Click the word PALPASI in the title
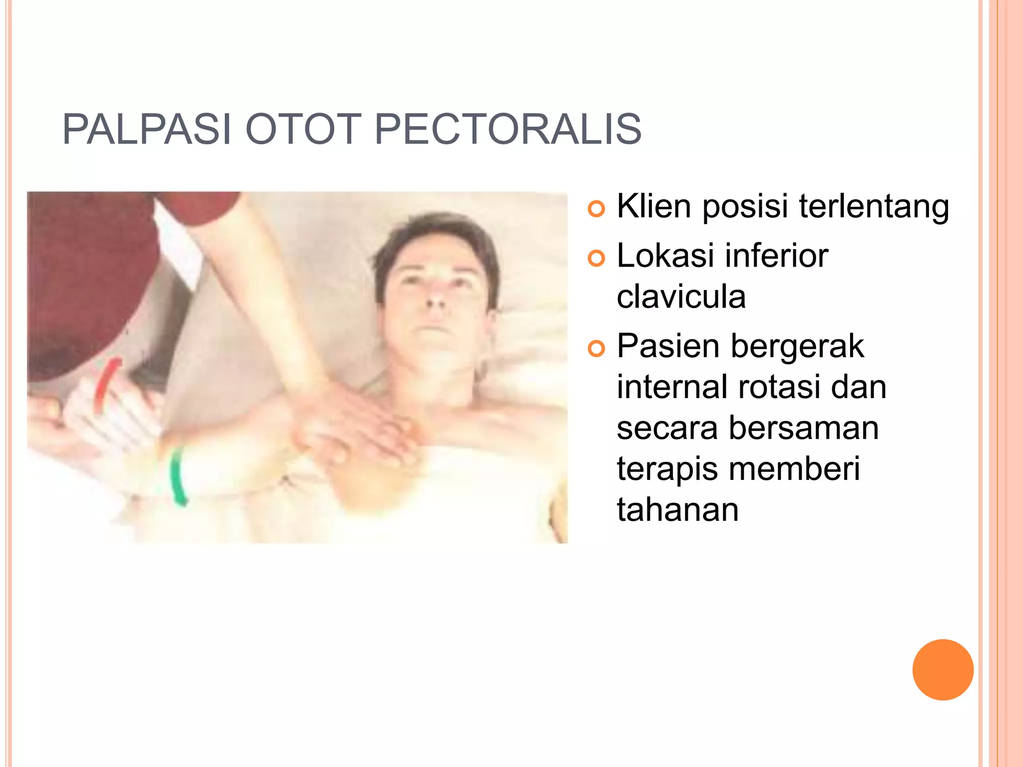[147, 129]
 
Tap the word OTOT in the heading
[303, 129]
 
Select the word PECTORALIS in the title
[508, 129]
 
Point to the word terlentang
[874, 207]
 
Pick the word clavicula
[681, 297]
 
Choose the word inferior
[776, 256]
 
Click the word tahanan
[677, 510]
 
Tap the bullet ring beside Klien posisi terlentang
[596, 208]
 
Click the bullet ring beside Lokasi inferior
[596, 258]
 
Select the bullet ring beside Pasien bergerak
[596, 349]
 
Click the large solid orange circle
[943, 670]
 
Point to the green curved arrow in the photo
[177, 477]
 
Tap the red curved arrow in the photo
[106, 382]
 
